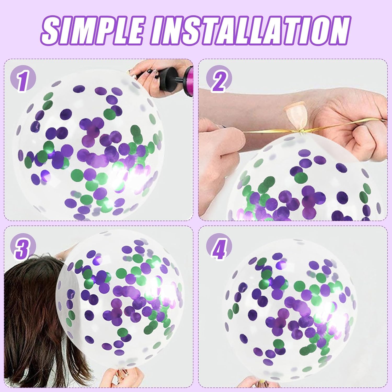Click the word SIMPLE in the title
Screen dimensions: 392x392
pyautogui.click(x=93, y=30)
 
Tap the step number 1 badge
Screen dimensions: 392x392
pyautogui.click(x=23, y=78)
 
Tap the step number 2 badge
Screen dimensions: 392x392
pyautogui.click(x=219, y=78)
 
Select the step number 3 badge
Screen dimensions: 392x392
pyautogui.click(x=23, y=246)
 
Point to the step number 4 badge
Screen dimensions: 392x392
pyautogui.click(x=219, y=246)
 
